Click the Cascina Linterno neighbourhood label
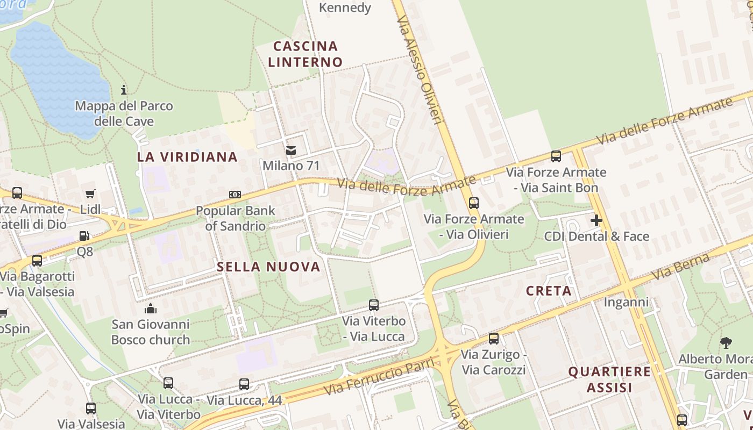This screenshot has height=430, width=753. pyautogui.click(x=305, y=54)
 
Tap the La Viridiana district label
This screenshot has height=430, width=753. pyautogui.click(x=187, y=157)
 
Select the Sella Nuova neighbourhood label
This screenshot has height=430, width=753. pyautogui.click(x=268, y=267)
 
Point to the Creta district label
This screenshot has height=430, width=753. pyautogui.click(x=549, y=291)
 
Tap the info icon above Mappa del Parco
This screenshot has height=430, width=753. pyautogui.click(x=124, y=89)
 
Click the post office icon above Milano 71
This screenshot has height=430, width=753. pyautogui.click(x=291, y=150)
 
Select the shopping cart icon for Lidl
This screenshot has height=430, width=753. pyautogui.click(x=90, y=193)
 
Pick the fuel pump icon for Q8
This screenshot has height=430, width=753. pyautogui.click(x=84, y=235)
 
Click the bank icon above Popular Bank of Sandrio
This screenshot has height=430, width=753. pyautogui.click(x=235, y=195)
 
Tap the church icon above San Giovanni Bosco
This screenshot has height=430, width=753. pyautogui.click(x=150, y=309)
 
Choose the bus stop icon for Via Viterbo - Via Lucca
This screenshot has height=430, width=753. pyautogui.click(x=374, y=305)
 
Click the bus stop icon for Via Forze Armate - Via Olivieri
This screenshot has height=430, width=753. pyautogui.click(x=473, y=203)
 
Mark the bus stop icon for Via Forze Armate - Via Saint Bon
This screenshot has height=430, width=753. pyautogui.click(x=556, y=156)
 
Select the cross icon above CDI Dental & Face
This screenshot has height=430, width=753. pyautogui.click(x=596, y=220)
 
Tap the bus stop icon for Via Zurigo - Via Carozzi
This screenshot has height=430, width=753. pyautogui.click(x=493, y=339)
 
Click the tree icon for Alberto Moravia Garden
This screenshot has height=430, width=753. pyautogui.click(x=726, y=342)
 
